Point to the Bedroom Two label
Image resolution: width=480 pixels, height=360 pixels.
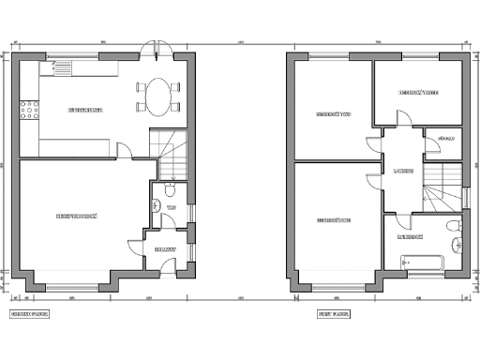tap(333, 115)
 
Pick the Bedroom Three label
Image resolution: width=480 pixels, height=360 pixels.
tap(418, 93)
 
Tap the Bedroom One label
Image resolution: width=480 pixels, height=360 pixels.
tap(333, 220)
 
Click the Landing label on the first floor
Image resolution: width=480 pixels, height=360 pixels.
tap(404, 172)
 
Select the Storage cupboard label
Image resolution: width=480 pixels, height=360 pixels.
tap(445, 139)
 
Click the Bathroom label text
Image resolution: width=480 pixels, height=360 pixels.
tap(411, 237)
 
